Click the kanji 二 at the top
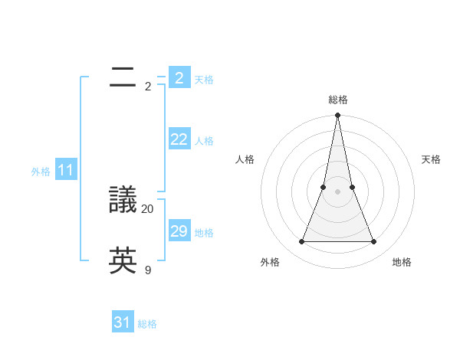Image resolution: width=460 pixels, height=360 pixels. (123, 77)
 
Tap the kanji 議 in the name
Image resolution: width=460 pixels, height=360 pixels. (123, 201)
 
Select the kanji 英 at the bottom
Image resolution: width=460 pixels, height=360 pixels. (123, 261)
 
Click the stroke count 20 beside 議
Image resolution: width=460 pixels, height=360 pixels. (148, 208)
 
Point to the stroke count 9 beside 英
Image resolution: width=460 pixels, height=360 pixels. (148, 270)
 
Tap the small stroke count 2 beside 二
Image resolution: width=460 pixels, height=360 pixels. (148, 86)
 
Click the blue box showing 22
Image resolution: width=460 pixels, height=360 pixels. (179, 139)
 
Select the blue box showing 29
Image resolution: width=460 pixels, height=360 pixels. (179, 231)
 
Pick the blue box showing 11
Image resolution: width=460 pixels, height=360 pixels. (66, 171)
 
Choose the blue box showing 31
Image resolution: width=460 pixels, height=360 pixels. (123, 322)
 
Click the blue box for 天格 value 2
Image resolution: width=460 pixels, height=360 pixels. (179, 78)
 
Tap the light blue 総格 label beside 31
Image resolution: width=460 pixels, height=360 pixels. (147, 324)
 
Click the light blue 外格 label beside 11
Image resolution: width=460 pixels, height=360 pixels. (41, 172)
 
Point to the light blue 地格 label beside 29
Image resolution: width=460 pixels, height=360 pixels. (204, 233)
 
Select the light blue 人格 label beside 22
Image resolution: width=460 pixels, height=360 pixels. (204, 141)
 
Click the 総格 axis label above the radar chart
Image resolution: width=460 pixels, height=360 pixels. (338, 100)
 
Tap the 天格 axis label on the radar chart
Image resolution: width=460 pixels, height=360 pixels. (431, 159)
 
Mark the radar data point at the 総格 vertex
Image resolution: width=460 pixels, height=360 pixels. (338, 116)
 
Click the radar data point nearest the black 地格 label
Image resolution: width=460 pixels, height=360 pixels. (374, 242)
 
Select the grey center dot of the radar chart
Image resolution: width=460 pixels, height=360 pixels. (338, 191)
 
